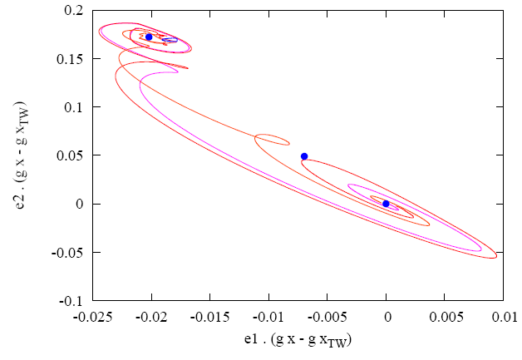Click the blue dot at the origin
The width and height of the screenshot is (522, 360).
pyautogui.click(x=386, y=204)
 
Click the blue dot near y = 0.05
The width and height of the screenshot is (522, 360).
pyautogui.click(x=304, y=156)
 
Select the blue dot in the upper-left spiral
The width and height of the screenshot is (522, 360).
pyautogui.click(x=149, y=37)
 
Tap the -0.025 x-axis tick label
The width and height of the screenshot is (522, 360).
pyautogui.click(x=92, y=316)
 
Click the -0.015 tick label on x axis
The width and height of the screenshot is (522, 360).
pyautogui.click(x=209, y=316)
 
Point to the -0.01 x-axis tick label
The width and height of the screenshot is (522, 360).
pyautogui.click(x=268, y=316)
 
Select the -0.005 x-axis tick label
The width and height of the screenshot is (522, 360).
pyautogui.click(x=327, y=316)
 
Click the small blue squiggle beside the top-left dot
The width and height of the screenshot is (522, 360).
pyautogui.click(x=170, y=39)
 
